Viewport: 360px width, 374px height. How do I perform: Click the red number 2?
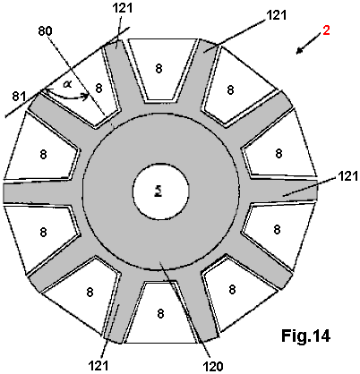point(326,30)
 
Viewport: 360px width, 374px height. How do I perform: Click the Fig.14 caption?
point(305,336)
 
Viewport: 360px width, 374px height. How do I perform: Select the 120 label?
point(213,366)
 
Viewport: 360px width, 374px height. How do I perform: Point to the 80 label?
point(45,31)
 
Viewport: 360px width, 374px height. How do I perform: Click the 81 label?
point(19,97)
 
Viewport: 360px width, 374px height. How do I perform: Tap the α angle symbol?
point(67,84)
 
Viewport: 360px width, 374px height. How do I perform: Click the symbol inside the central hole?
point(159,192)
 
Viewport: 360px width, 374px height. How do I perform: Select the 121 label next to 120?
point(99,365)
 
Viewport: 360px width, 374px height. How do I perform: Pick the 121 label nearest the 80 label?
point(123,8)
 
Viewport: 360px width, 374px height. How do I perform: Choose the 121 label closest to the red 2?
point(276,15)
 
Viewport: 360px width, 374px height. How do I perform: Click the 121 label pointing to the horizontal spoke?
point(348,176)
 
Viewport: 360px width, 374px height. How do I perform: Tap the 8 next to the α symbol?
point(99,89)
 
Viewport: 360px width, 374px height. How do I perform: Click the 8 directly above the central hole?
point(159,69)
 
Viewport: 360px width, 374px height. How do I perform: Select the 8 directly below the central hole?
point(160,313)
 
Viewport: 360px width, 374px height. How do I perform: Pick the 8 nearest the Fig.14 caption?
point(232,289)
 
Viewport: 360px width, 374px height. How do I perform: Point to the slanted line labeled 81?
point(67,72)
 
